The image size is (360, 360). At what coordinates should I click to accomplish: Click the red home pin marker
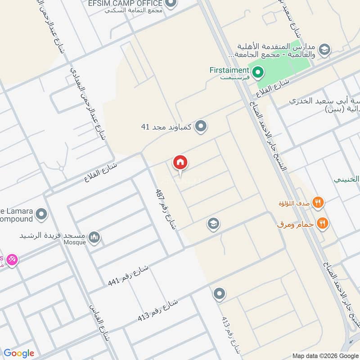180,163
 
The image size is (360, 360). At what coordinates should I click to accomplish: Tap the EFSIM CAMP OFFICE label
130,3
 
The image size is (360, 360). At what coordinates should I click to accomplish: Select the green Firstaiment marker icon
257,71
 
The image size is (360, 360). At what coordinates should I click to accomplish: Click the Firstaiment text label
229,70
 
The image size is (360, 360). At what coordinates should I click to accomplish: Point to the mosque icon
94,237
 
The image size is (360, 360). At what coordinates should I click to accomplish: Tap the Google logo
19,353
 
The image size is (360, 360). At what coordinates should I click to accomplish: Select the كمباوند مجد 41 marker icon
201,127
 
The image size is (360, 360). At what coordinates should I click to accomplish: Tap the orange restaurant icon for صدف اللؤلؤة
318,203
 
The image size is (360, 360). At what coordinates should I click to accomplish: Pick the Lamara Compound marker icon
41,214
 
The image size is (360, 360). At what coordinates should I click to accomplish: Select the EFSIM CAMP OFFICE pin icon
170,4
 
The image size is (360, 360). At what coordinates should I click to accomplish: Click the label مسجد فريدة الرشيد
52,235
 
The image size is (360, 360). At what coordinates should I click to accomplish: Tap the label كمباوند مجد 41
166,127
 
